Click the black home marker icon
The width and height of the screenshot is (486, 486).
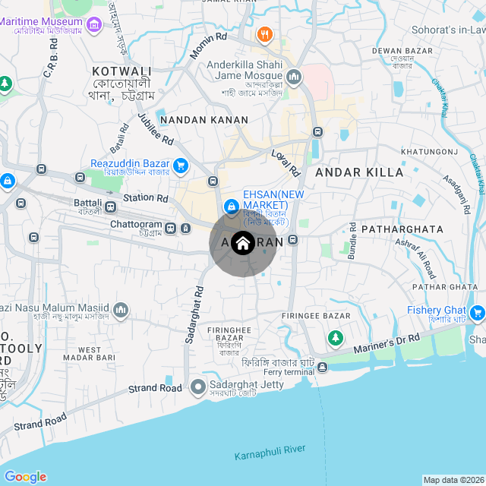(242, 243)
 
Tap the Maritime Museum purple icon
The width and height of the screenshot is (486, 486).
(95, 27)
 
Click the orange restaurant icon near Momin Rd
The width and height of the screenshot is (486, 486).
(264, 33)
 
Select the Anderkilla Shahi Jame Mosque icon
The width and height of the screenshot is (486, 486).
(294, 76)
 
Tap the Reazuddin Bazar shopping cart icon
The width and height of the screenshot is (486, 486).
(180, 164)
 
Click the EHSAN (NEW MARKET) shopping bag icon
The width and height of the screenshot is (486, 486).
(230, 206)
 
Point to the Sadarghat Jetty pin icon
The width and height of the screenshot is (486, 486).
(198, 387)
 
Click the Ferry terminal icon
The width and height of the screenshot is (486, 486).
(323, 368)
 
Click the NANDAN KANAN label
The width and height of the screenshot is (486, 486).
(205, 120)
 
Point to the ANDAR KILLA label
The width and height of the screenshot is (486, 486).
(359, 172)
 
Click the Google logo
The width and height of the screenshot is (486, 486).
(25, 476)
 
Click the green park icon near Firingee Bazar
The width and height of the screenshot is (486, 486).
(335, 336)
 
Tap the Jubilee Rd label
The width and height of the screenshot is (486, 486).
(156, 129)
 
